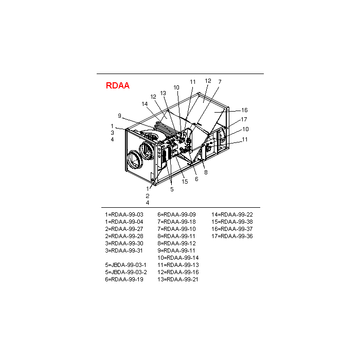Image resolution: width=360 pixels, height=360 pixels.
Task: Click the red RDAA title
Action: [117, 86]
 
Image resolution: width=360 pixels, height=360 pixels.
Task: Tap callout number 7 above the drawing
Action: [220, 82]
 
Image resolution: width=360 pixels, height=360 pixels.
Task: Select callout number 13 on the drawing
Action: [163, 93]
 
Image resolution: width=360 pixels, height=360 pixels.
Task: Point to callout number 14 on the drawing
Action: [145, 104]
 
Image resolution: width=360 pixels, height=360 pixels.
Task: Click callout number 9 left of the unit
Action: [119, 115]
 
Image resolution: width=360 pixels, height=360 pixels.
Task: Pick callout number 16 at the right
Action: [245, 110]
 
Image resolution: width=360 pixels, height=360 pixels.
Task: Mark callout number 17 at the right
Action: [245, 119]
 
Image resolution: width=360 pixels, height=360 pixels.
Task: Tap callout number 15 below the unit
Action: [185, 181]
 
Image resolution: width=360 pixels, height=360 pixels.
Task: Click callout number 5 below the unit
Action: [172, 189]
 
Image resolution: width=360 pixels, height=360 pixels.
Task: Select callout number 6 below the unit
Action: [196, 179]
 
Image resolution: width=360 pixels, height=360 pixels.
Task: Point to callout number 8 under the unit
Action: [206, 173]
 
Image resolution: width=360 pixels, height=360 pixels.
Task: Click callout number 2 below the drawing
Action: [147, 196]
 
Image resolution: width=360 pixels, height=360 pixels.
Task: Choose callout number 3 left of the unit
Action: [112, 133]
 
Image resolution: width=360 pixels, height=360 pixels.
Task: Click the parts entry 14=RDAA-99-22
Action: [232, 214]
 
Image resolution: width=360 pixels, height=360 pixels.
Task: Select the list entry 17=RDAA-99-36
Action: [232, 236]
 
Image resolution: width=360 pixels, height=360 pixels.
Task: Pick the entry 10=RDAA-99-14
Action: [178, 258]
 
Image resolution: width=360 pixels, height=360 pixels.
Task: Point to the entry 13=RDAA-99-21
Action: [178, 279]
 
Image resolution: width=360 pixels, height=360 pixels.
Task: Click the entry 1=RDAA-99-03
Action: [124, 214]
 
